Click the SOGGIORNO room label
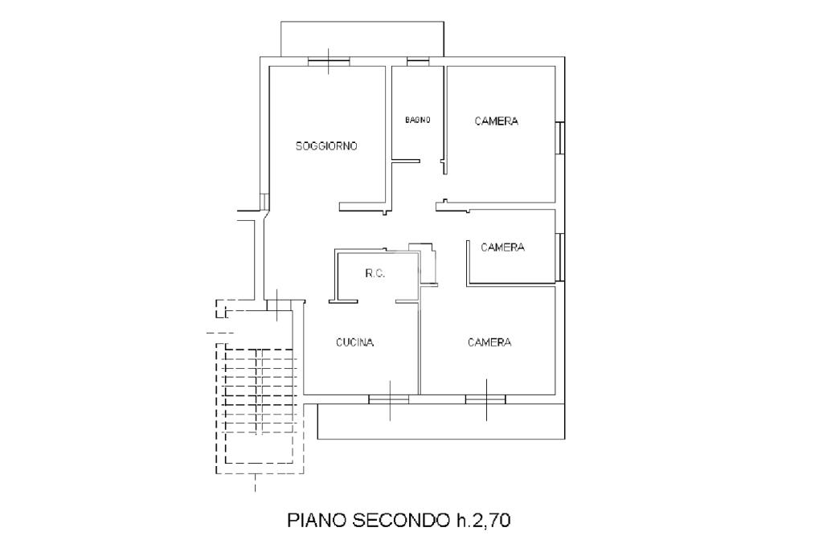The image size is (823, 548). [x=326, y=146]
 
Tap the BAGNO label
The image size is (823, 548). [x=417, y=120]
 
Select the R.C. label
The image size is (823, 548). [x=375, y=273]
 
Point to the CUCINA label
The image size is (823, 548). [x=354, y=342]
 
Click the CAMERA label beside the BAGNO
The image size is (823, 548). [x=496, y=121]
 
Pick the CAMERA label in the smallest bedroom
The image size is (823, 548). [x=502, y=247]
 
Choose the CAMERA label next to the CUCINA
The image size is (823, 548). [x=489, y=342]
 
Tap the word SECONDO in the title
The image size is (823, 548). [x=395, y=521]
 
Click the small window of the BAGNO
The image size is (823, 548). [x=417, y=60]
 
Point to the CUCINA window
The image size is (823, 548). [x=389, y=398]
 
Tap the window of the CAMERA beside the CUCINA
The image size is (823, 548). [x=485, y=398]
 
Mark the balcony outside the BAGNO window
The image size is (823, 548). [x=361, y=39]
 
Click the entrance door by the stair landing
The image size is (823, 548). [x=275, y=304]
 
